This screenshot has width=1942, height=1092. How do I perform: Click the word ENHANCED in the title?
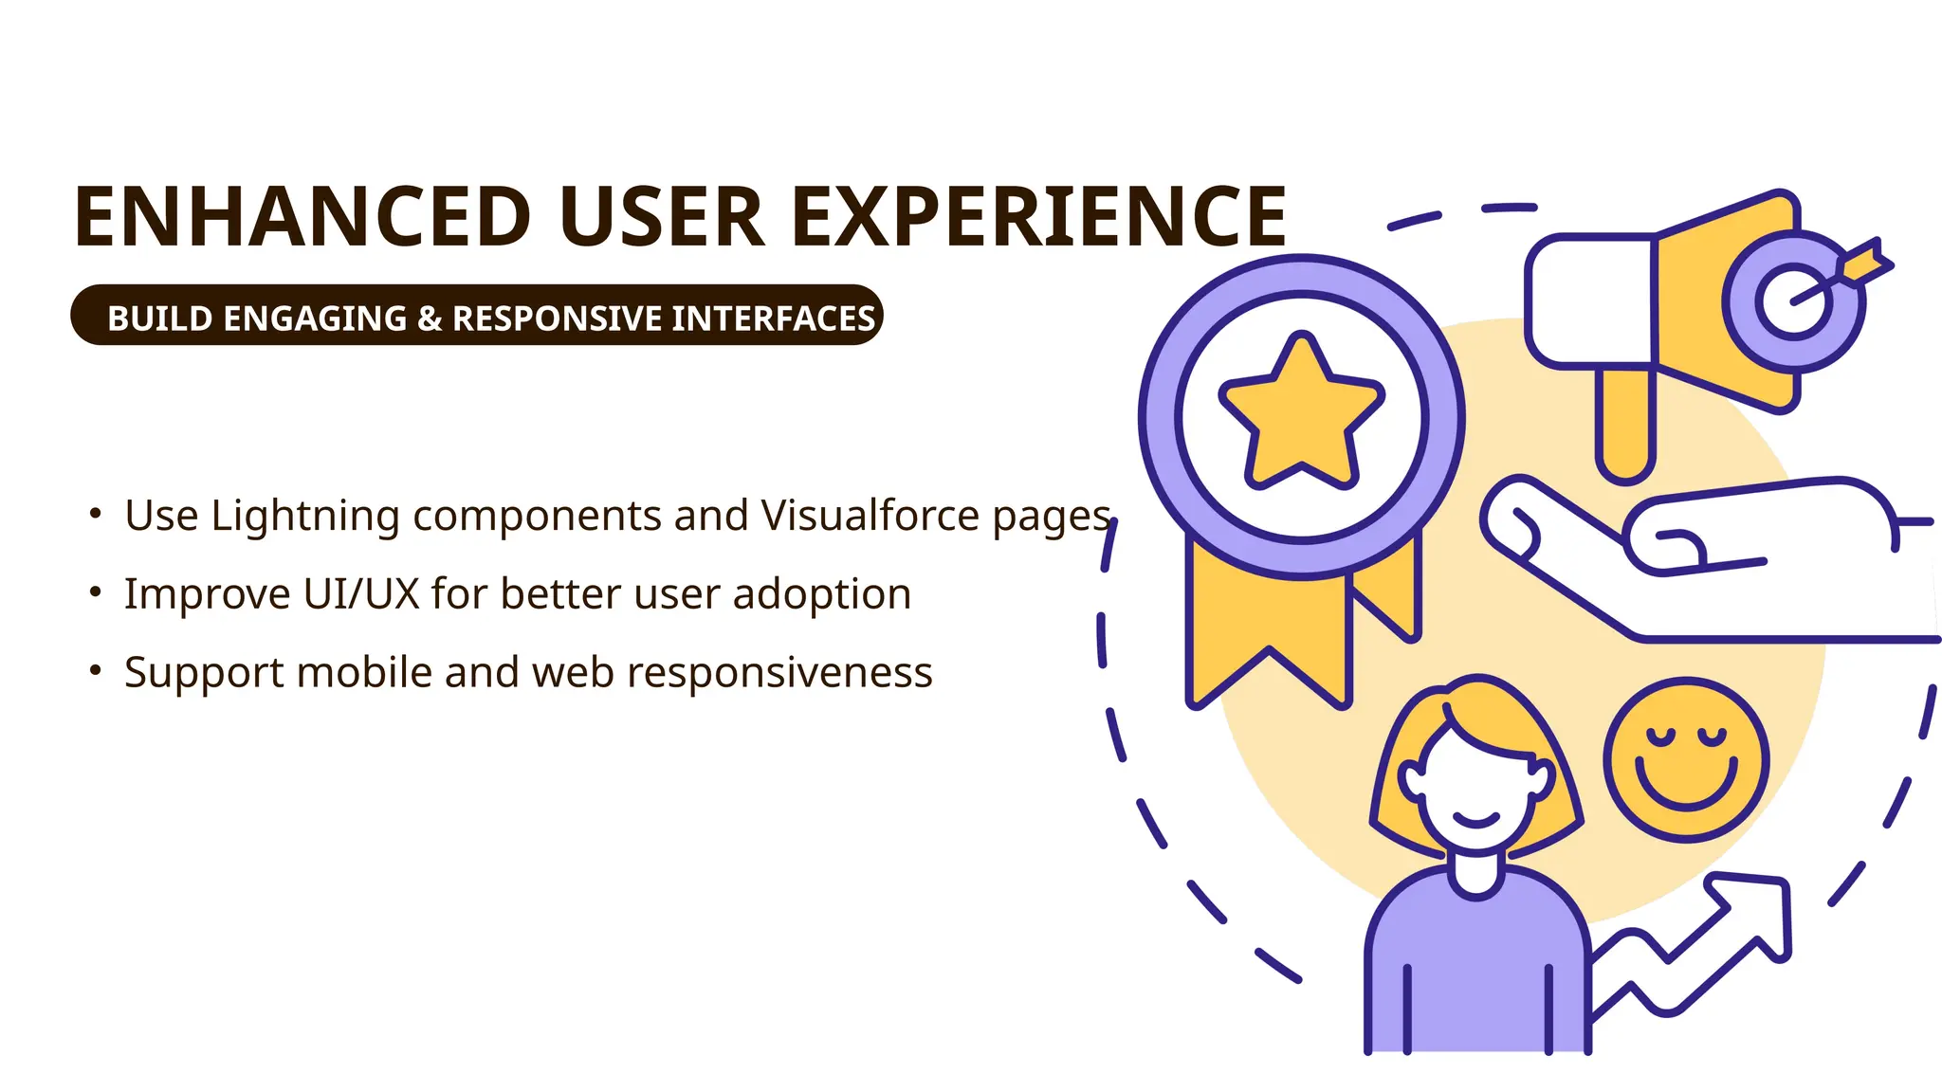[302, 217]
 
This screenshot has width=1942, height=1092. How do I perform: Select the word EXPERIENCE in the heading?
[1038, 217]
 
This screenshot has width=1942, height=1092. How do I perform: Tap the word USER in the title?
[661, 217]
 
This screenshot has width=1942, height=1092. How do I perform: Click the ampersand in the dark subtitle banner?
[430, 318]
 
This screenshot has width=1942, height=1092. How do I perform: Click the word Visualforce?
[870, 517]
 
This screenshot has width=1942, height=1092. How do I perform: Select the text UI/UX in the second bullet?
[361, 594]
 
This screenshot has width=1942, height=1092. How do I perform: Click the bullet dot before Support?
[95, 670]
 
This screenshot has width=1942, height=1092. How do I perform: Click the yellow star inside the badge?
[1302, 413]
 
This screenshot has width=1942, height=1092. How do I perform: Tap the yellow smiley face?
[1686, 760]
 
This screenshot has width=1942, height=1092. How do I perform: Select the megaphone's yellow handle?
[1625, 422]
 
